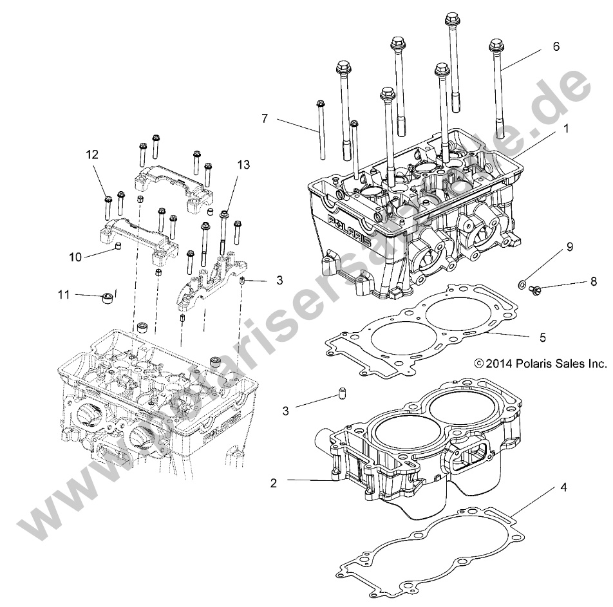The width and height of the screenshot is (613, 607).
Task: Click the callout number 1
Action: [x=566, y=128]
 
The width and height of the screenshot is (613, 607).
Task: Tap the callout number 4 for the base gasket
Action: [x=563, y=488]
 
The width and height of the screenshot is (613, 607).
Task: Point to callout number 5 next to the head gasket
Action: [x=542, y=336]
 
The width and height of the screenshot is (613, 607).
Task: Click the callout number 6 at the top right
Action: [x=556, y=46]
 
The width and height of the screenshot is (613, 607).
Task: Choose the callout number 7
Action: [x=264, y=118]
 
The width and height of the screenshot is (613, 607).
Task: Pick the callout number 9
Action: [x=569, y=247]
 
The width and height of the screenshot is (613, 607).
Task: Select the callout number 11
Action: [x=63, y=295]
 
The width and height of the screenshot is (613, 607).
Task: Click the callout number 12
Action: [x=93, y=154]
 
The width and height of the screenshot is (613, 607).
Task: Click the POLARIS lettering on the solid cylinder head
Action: [x=350, y=232]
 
